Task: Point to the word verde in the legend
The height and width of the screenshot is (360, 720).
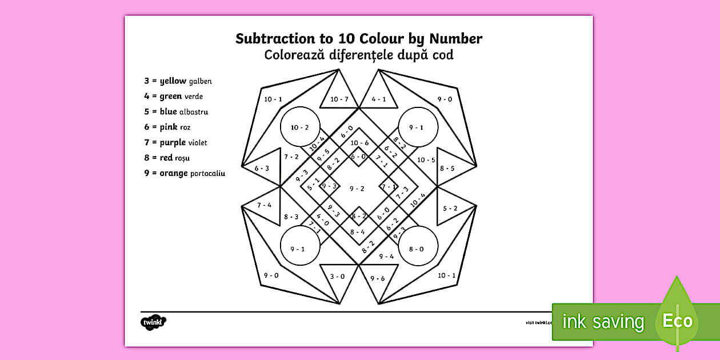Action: pos(194,97)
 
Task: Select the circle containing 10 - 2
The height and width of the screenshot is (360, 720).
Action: pos(300,127)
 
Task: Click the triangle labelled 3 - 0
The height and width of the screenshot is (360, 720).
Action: pos(338,278)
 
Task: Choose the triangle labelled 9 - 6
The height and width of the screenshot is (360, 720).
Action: pos(378,279)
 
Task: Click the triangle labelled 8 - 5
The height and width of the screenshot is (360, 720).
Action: pos(451,169)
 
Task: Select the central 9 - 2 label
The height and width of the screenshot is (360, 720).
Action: pos(357,189)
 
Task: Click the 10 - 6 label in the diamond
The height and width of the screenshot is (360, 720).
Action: pos(359,143)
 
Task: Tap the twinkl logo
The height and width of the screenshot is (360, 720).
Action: pos(153,322)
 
